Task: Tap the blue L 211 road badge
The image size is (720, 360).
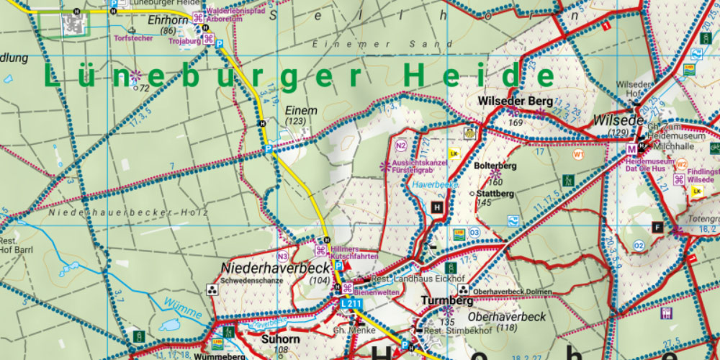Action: pyautogui.click(x=351, y=304)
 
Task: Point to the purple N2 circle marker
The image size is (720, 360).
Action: pyautogui.click(x=402, y=146)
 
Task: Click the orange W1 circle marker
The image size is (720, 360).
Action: pyautogui.click(x=578, y=154)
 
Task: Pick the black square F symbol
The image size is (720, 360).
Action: pyautogui.click(x=657, y=228)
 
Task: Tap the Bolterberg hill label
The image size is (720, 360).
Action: pyautogui.click(x=496, y=166)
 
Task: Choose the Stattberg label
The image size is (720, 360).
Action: pyautogui.click(x=496, y=194)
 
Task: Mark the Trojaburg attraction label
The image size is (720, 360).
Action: pyautogui.click(x=182, y=40)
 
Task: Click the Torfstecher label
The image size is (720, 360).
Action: pyautogui.click(x=133, y=38)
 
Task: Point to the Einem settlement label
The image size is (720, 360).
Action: pyautogui.click(x=301, y=110)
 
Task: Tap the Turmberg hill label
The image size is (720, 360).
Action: pyautogui.click(x=447, y=300)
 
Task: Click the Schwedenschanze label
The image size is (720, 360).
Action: pyautogui.click(x=252, y=280)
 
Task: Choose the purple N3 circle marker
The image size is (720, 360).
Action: pyautogui.click(x=283, y=256)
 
